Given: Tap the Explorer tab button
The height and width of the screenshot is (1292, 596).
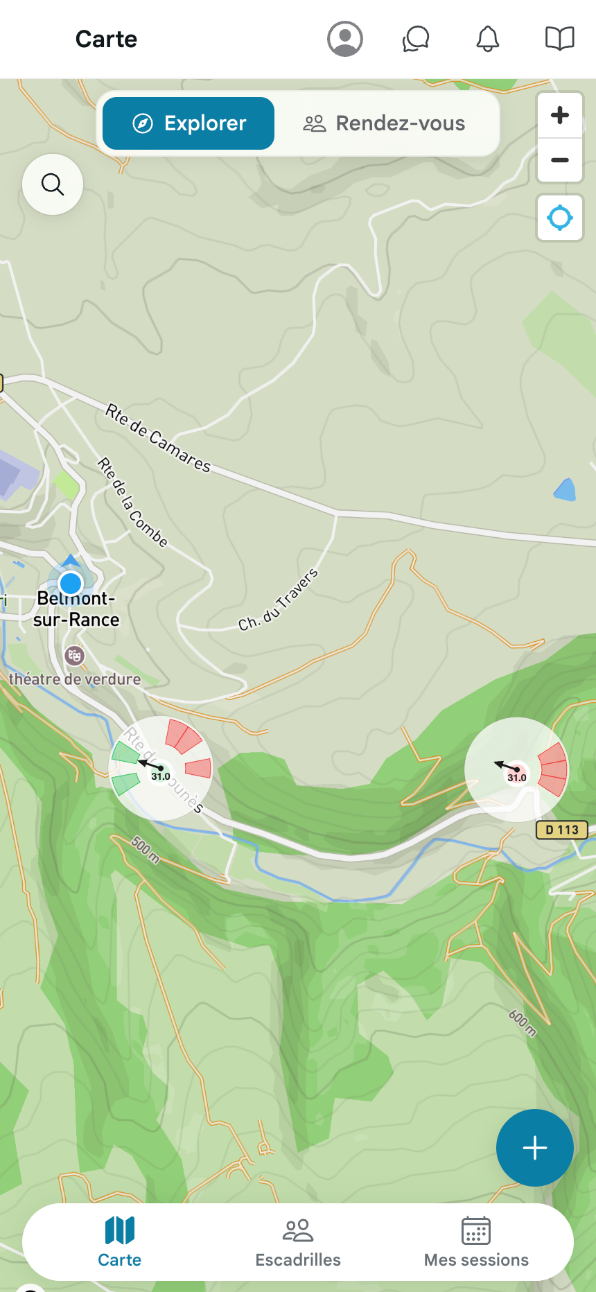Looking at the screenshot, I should coord(189,123).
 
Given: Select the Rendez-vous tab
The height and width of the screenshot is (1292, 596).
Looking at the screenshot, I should coord(385,123).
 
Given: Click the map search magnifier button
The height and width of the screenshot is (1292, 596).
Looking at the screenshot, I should coord(53,184).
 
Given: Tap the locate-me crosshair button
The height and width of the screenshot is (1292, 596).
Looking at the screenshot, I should coord(560,218).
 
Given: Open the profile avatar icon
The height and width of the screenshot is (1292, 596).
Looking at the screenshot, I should coord(345,39).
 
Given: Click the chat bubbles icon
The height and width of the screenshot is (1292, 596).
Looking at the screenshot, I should coord(416,39).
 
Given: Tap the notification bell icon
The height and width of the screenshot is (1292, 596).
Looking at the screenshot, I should coord(488,39).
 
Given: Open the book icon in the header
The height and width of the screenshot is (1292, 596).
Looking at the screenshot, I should coord(560,39).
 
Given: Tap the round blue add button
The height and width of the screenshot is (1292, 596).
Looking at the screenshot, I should coord(534,1148).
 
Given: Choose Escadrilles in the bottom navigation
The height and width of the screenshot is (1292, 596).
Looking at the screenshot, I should coord(298,1242).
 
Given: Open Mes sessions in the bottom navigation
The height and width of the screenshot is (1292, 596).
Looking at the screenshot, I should coord(476,1242).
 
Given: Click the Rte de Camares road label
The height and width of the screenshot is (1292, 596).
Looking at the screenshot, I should coord(158,438).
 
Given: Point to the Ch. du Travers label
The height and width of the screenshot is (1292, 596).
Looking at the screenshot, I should coord(279,600).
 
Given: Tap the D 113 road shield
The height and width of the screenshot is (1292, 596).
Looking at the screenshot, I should coord(561,830).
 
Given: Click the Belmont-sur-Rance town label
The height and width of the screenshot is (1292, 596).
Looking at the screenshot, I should coord(76,609).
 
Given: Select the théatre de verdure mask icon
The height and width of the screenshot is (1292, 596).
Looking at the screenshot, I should coord(74,655).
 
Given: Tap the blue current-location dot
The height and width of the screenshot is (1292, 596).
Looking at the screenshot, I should coord(71,583).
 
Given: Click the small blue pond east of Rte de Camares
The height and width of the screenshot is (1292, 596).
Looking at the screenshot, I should coord(566,490).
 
